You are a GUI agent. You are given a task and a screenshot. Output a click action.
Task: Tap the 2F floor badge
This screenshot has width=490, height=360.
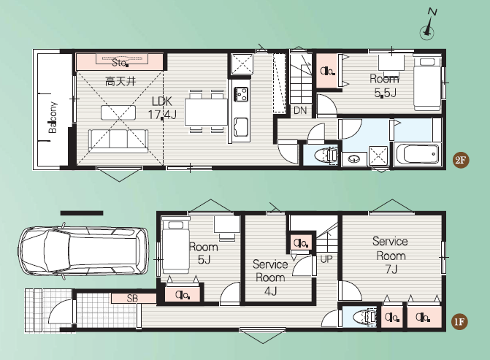[x=460, y=161]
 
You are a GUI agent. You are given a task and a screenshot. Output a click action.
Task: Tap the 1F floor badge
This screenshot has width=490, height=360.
[x=459, y=322]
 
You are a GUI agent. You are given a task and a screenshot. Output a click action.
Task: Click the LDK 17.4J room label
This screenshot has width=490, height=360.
[x=162, y=108]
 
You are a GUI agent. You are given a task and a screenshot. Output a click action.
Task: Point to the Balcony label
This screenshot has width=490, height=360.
[x=53, y=117]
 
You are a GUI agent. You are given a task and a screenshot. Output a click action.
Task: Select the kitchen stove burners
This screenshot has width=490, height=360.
[x=241, y=94]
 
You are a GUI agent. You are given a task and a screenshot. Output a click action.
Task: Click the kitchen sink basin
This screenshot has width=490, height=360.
[x=241, y=127]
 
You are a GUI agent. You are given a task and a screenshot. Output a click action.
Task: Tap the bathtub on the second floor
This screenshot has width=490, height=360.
[x=417, y=153]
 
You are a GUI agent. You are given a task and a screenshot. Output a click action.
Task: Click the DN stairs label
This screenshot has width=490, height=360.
[x=300, y=110]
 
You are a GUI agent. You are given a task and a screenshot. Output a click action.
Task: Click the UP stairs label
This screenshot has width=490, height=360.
[x=326, y=258]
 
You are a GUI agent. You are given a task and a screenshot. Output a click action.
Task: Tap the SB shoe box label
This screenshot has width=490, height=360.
[x=132, y=298]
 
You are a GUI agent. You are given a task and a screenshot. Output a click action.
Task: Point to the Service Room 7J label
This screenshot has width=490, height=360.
[x=390, y=255]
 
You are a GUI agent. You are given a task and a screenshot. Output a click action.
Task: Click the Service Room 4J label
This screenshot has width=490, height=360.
[x=270, y=277]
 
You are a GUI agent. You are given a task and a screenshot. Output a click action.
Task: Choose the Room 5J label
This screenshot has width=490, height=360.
[x=204, y=253]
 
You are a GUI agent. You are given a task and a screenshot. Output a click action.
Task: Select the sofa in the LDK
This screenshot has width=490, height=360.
[x=118, y=141]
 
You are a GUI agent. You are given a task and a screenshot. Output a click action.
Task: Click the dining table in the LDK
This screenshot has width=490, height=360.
[x=206, y=112]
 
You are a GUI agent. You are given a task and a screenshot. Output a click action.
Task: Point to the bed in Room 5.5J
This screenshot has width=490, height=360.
[x=427, y=84]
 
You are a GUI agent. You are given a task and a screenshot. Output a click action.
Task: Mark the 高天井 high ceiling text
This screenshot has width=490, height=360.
[x=120, y=82]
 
